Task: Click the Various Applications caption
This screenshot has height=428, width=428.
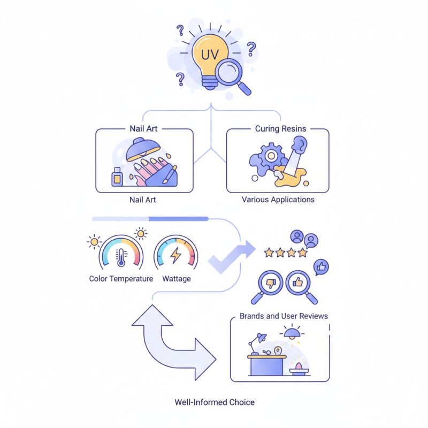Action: coord(278,200)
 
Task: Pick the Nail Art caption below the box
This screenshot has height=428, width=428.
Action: coord(143,200)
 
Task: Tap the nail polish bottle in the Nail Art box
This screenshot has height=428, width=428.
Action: coord(117,177)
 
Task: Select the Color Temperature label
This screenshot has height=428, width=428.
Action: coord(121,279)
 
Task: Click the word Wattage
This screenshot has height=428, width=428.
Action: coord(176,279)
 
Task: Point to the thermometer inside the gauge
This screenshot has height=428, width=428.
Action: coord(121,256)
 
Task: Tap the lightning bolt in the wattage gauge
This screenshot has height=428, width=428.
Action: coord(175,256)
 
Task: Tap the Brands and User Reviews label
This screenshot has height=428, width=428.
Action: coord(284,316)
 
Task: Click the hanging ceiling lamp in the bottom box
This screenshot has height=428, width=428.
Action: coord(292,334)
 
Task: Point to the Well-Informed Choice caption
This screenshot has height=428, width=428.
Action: coord(215,402)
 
